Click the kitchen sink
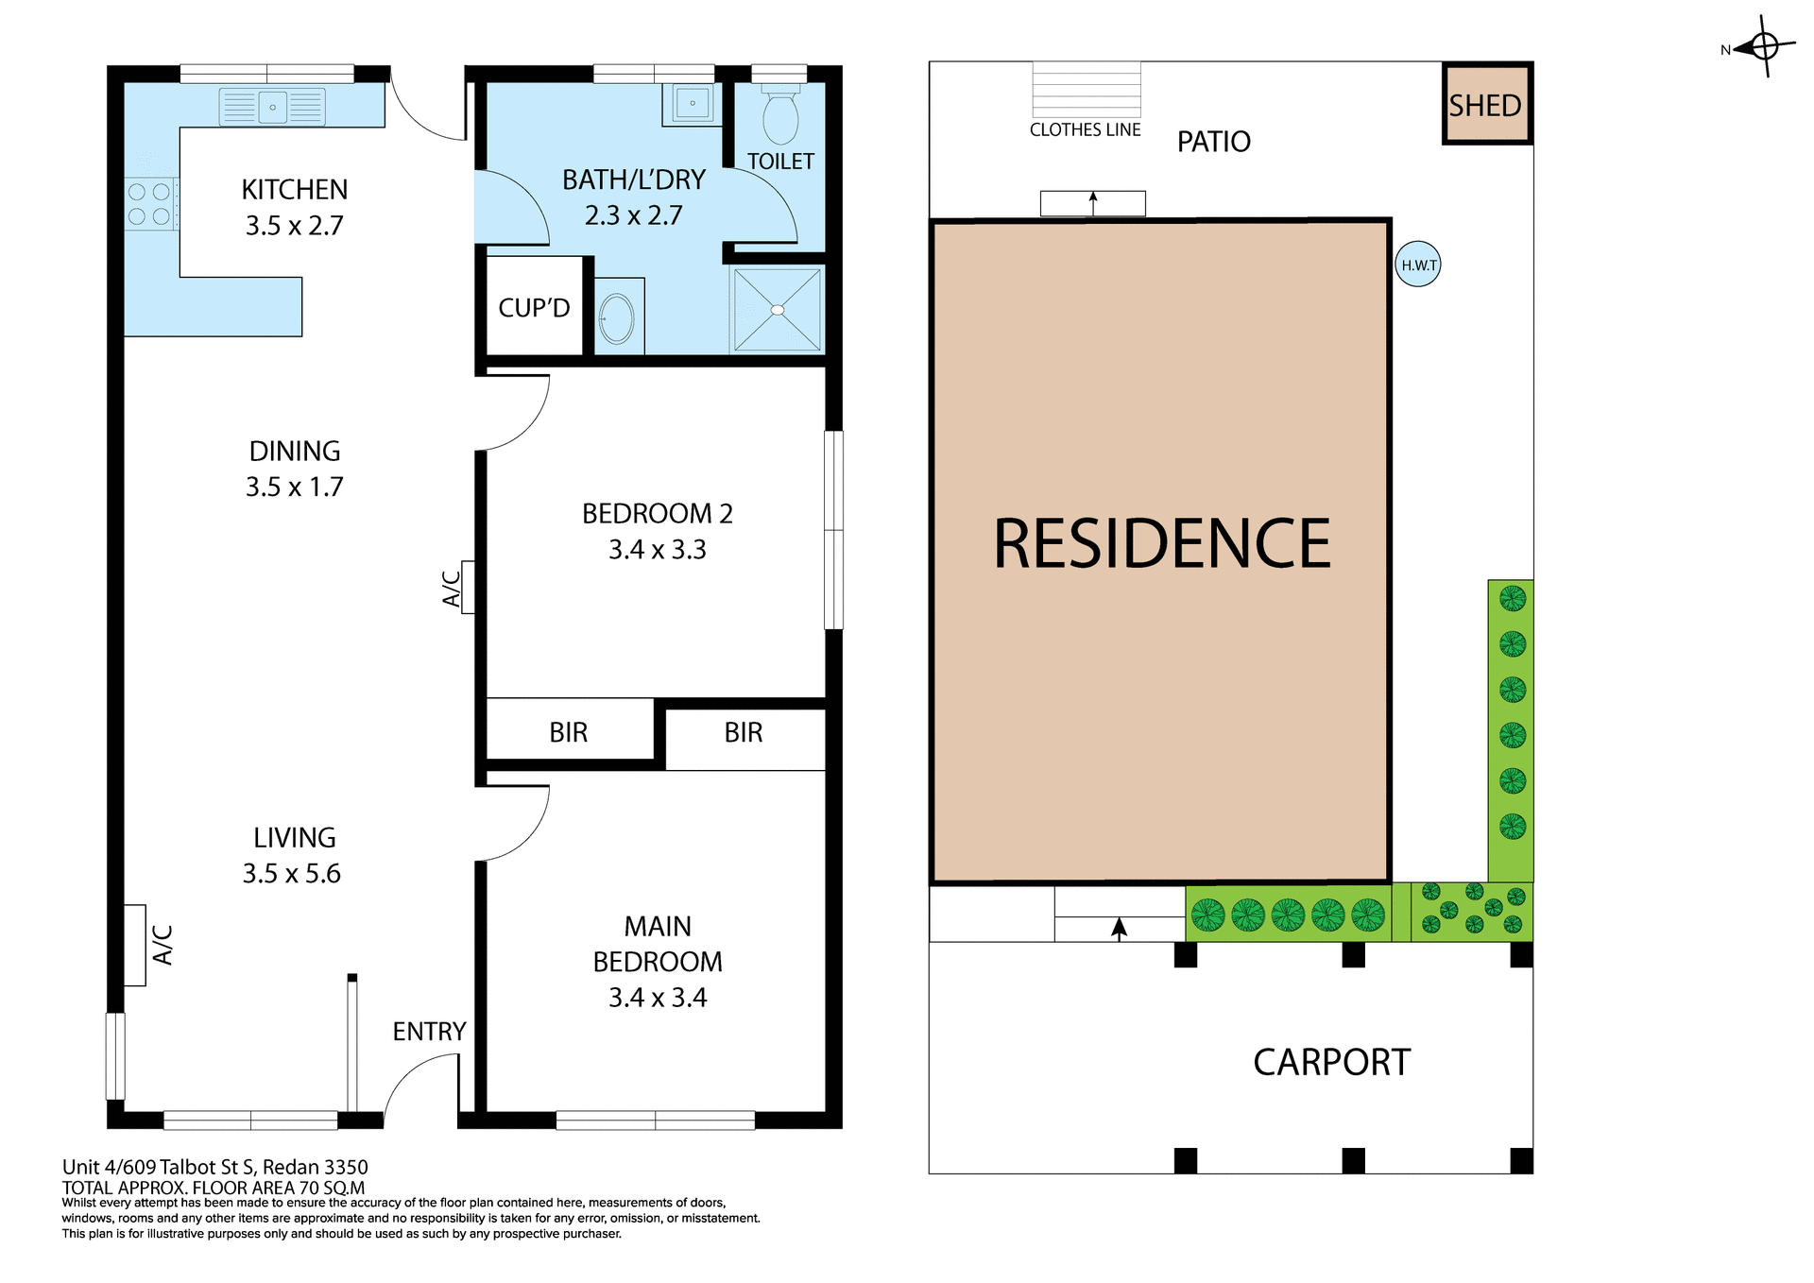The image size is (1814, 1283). coord(272,107)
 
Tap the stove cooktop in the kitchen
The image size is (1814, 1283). coord(149,204)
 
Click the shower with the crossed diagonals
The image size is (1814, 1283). coord(777,310)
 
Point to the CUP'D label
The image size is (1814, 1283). coord(534,308)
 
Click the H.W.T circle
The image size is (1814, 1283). coord(1418,265)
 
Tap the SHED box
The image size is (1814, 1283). coord(1486,105)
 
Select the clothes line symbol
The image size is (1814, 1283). coord(1087,90)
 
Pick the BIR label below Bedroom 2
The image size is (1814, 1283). coord(568,732)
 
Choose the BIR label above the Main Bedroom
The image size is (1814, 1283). coord(743,732)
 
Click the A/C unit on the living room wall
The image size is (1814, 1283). coord(135,945)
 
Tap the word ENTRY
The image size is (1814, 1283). coord(429,1032)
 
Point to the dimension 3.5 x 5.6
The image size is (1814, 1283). coord(292,874)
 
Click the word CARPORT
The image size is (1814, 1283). coord(1330,1063)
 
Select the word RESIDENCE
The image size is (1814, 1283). coord(1161,544)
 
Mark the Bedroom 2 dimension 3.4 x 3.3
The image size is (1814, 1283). coord(657,550)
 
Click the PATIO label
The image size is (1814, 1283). coord(1213,142)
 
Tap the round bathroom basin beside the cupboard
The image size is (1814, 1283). coord(617,318)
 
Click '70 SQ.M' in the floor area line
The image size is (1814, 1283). coord(332,1188)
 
